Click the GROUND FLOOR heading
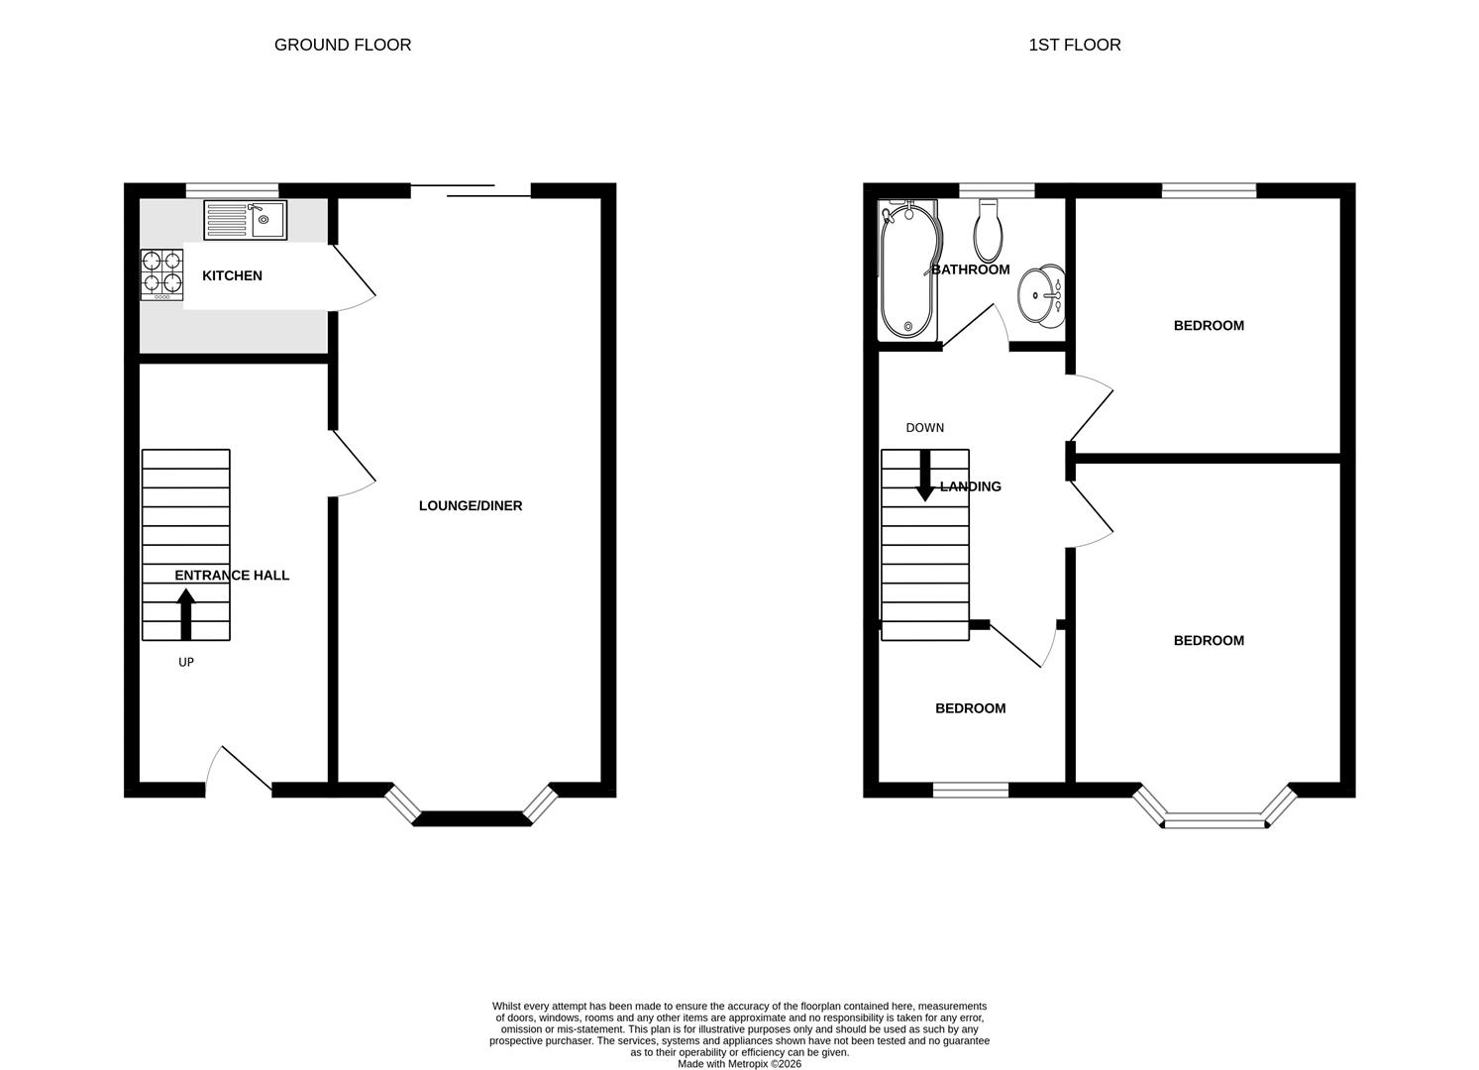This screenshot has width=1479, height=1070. pos(342,45)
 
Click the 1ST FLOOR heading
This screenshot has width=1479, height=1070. pos(1075,45)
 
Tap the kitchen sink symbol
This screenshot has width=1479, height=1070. pos(246,220)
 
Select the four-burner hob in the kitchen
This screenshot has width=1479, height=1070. pos(161,274)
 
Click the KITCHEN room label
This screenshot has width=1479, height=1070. pos(232,275)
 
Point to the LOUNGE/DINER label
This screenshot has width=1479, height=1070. pos(471,505)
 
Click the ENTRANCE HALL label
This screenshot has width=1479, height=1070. pos(232,575)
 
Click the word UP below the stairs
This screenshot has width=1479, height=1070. pos(186,662)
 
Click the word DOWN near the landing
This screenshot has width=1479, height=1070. pos(925,428)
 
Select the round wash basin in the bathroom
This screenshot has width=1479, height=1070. pos(1041,295)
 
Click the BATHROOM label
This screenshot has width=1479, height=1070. pos(971,269)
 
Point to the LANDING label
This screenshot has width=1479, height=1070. pos(971,486)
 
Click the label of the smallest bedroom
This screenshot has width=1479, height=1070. pos(971,708)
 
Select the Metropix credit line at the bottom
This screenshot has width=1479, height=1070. pos(739,1064)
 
